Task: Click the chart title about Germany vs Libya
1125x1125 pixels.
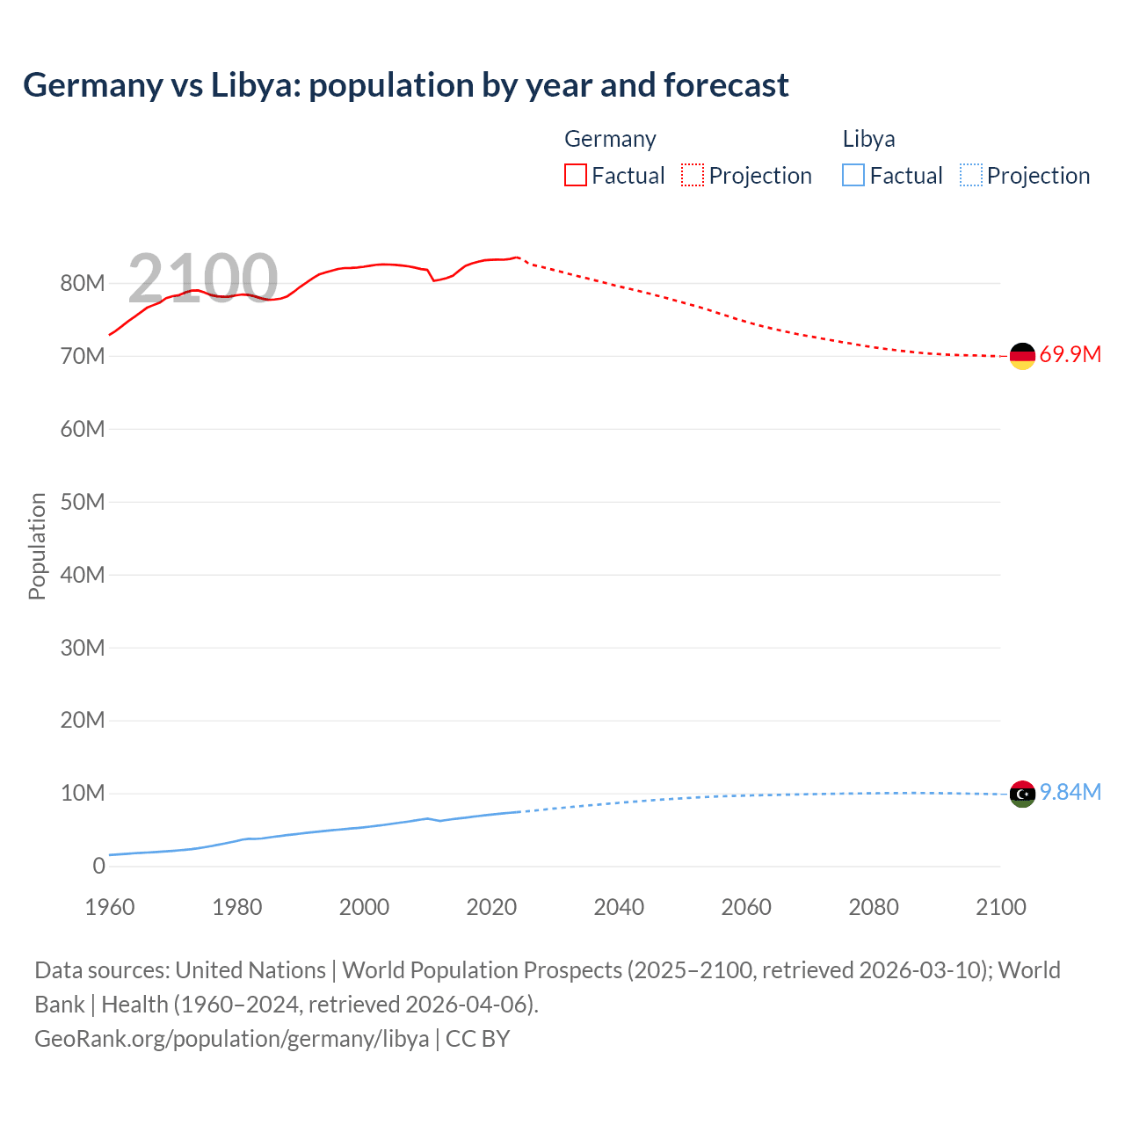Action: point(405,85)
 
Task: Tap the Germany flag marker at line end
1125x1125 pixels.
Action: point(1022,356)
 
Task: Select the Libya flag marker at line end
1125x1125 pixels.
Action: point(1022,794)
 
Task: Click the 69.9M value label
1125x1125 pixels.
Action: point(1070,355)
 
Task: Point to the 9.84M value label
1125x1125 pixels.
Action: point(1070,793)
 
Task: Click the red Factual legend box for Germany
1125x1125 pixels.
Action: point(576,176)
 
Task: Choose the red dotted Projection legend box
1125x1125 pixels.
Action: point(693,176)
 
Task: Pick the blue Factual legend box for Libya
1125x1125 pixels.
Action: point(853,176)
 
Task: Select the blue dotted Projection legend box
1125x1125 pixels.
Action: point(971,176)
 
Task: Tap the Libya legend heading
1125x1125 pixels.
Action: point(868,139)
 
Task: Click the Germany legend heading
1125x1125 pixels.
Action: point(610,139)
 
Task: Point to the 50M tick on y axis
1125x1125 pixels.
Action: point(83,502)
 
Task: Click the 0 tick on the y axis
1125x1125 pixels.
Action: point(98,866)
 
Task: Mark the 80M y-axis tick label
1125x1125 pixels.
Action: point(83,283)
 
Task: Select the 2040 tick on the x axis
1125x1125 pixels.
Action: point(619,907)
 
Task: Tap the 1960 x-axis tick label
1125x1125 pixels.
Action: point(110,907)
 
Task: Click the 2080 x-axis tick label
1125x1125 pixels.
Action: point(874,907)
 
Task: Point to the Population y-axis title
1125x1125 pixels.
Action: point(37,546)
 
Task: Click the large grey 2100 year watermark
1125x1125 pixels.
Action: point(203,279)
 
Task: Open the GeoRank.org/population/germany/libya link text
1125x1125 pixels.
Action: point(231,1039)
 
